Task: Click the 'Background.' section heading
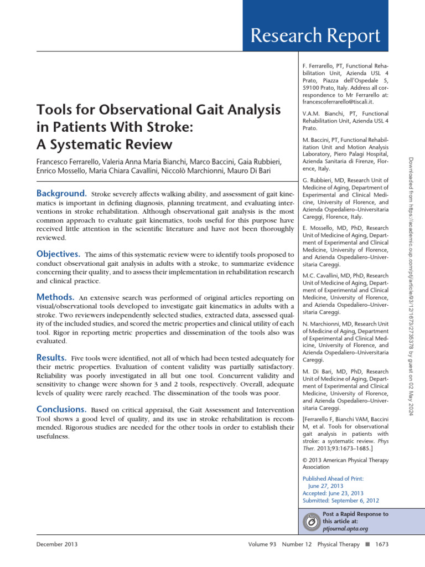point(60,194)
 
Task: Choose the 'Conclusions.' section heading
point(61,409)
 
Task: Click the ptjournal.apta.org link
point(345,529)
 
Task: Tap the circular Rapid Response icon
point(312,522)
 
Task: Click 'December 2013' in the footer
point(57,544)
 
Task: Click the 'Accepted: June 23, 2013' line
point(333,493)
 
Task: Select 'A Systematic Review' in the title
point(105,145)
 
